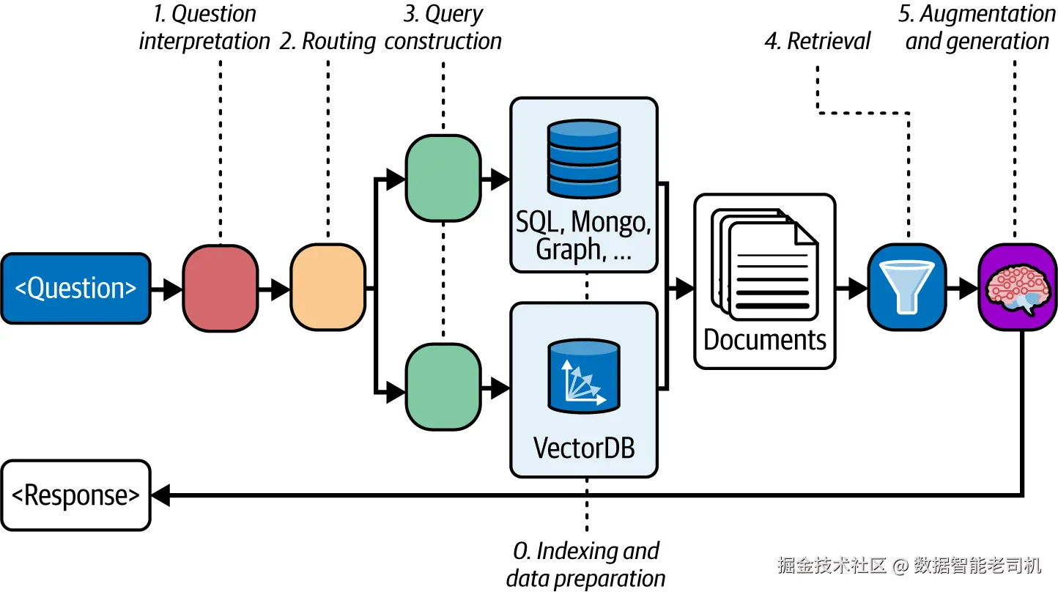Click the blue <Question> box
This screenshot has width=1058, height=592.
tap(76, 288)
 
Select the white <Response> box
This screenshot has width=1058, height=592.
tap(76, 495)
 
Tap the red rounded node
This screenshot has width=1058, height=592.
tap(220, 288)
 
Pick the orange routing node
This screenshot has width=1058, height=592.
tap(328, 288)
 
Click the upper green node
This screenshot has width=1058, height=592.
tap(443, 178)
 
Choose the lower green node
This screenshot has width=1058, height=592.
tap(443, 388)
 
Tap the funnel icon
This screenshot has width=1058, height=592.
tap(907, 287)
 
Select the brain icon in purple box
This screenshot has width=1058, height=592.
tap(1017, 287)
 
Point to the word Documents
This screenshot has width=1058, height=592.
tap(765, 340)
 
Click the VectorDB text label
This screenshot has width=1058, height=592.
tap(584, 447)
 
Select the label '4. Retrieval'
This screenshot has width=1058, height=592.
tap(817, 41)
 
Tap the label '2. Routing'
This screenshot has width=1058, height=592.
tap(328, 41)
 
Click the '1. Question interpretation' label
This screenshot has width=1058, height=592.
tap(205, 27)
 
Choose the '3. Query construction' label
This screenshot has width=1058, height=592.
tap(443, 27)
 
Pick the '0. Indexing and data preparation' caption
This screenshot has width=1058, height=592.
tap(585, 564)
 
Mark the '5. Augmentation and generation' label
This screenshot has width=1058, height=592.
tap(977, 27)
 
